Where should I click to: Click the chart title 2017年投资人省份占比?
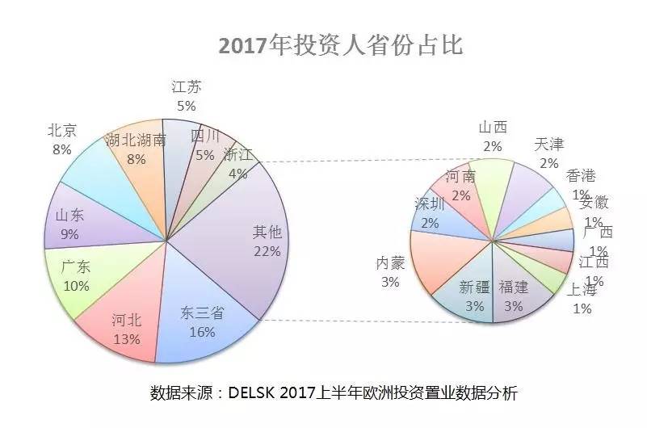[339, 45]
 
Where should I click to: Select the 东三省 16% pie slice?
[199, 323]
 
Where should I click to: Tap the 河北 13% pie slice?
[126, 327]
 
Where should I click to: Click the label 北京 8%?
[62, 139]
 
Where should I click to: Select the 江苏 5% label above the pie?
[187, 95]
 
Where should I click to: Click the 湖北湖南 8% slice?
[136, 149]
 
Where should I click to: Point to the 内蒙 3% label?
[389, 272]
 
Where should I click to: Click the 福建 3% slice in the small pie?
[513, 295]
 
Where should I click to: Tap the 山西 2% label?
[493, 136]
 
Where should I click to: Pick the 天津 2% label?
[549, 153]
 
